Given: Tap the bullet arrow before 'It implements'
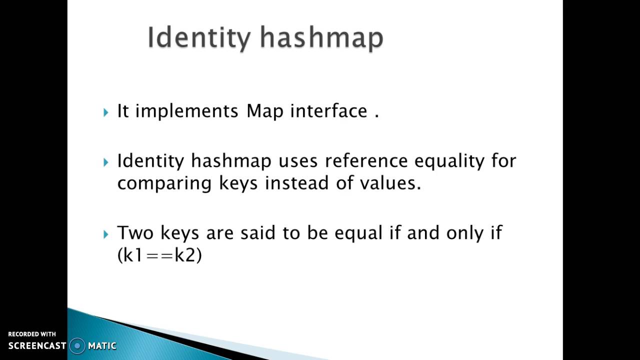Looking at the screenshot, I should tap(106, 112).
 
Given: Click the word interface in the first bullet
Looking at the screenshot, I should tap(328, 111).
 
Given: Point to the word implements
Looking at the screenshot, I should tap(187, 111).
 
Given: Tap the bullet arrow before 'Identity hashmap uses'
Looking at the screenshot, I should tap(106, 162).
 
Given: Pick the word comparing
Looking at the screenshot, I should tap(165, 183).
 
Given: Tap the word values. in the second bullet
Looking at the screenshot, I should tap(390, 183).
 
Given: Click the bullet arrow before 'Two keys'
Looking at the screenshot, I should tap(106, 234).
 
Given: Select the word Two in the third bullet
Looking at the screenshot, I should tap(135, 233).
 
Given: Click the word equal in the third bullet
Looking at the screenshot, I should tap(358, 233).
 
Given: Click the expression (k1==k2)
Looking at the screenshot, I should tap(159, 255).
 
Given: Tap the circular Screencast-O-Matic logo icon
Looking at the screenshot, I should tap(77, 345).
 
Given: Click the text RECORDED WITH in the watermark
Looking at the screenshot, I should tap(32, 334).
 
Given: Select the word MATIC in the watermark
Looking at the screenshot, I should tap(102, 345).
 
